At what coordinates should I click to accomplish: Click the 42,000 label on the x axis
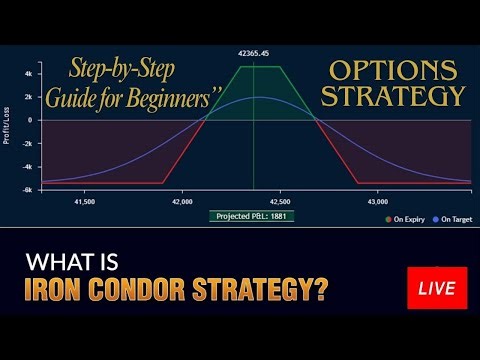(181, 202)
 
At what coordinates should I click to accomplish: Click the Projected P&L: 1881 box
(252, 215)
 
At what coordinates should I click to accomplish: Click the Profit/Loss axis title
(9, 127)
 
